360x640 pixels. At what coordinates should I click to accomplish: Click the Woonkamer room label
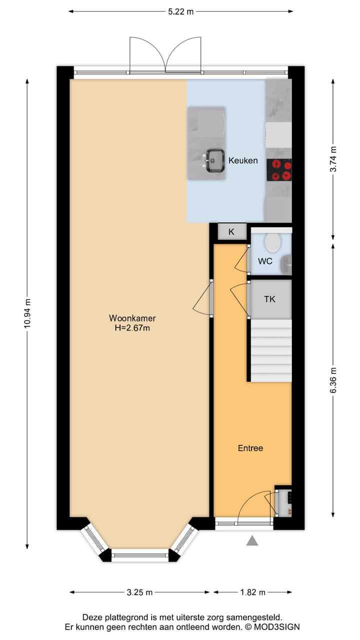coord(132,318)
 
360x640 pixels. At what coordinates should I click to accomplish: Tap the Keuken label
coord(243,160)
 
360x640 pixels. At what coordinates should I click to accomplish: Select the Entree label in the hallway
coord(250,448)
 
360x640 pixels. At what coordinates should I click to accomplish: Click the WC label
coord(264,261)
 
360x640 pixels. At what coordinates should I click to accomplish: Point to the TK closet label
coord(269,299)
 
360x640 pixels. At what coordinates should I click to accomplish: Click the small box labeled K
coord(231,232)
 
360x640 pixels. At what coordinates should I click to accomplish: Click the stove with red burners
coord(279,169)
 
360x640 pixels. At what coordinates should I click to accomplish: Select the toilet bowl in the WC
coord(272,242)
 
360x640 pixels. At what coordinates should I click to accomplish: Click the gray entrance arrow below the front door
coord(252,540)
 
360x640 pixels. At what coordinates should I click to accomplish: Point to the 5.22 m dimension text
coord(181,12)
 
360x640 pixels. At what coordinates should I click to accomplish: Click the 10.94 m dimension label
coord(27,313)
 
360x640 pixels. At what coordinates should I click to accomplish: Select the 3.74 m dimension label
coord(333,159)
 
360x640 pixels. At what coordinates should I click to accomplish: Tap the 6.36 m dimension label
coord(333,380)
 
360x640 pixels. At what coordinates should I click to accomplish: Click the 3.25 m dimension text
coord(139,592)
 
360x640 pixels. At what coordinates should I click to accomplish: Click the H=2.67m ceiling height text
coord(132,328)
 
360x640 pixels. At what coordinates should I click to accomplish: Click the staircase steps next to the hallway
coord(270,350)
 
